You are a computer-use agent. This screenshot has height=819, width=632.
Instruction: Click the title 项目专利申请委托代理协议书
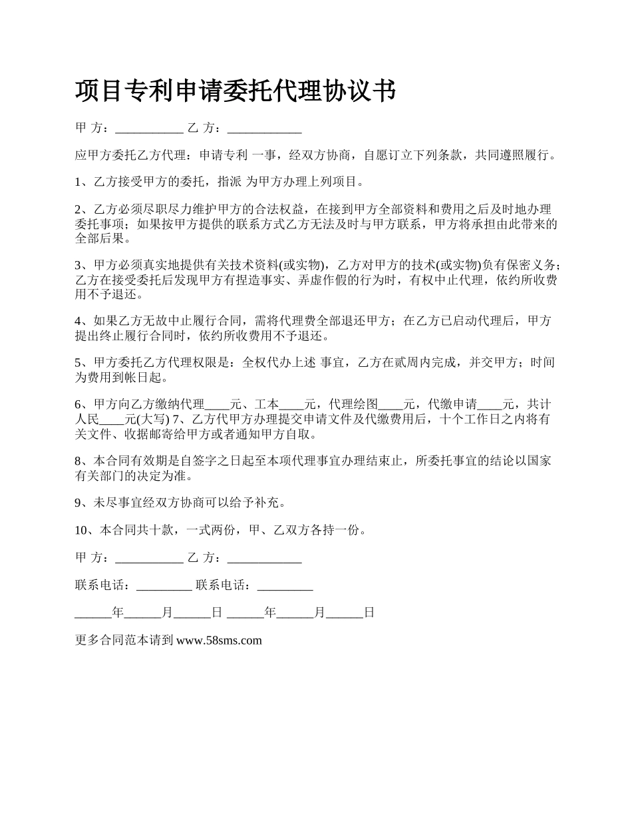(x=236, y=91)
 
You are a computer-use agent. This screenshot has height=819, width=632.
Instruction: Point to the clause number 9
(x=79, y=501)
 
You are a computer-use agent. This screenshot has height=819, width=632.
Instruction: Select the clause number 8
(x=79, y=460)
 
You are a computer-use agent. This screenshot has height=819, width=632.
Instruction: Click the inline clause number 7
(x=176, y=419)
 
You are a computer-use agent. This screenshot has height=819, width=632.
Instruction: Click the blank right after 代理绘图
(x=391, y=404)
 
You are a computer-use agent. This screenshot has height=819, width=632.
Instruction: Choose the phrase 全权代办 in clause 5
(x=266, y=363)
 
